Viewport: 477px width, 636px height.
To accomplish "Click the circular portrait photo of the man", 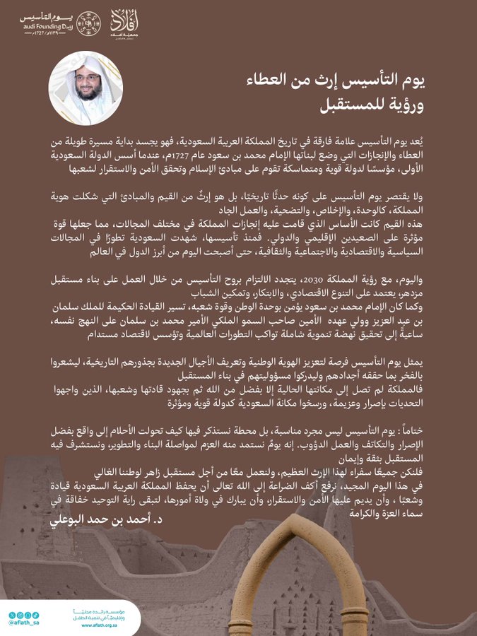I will (81, 88).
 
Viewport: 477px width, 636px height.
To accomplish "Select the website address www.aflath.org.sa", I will (98, 625).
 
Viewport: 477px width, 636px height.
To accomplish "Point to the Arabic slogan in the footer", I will (99, 613).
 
